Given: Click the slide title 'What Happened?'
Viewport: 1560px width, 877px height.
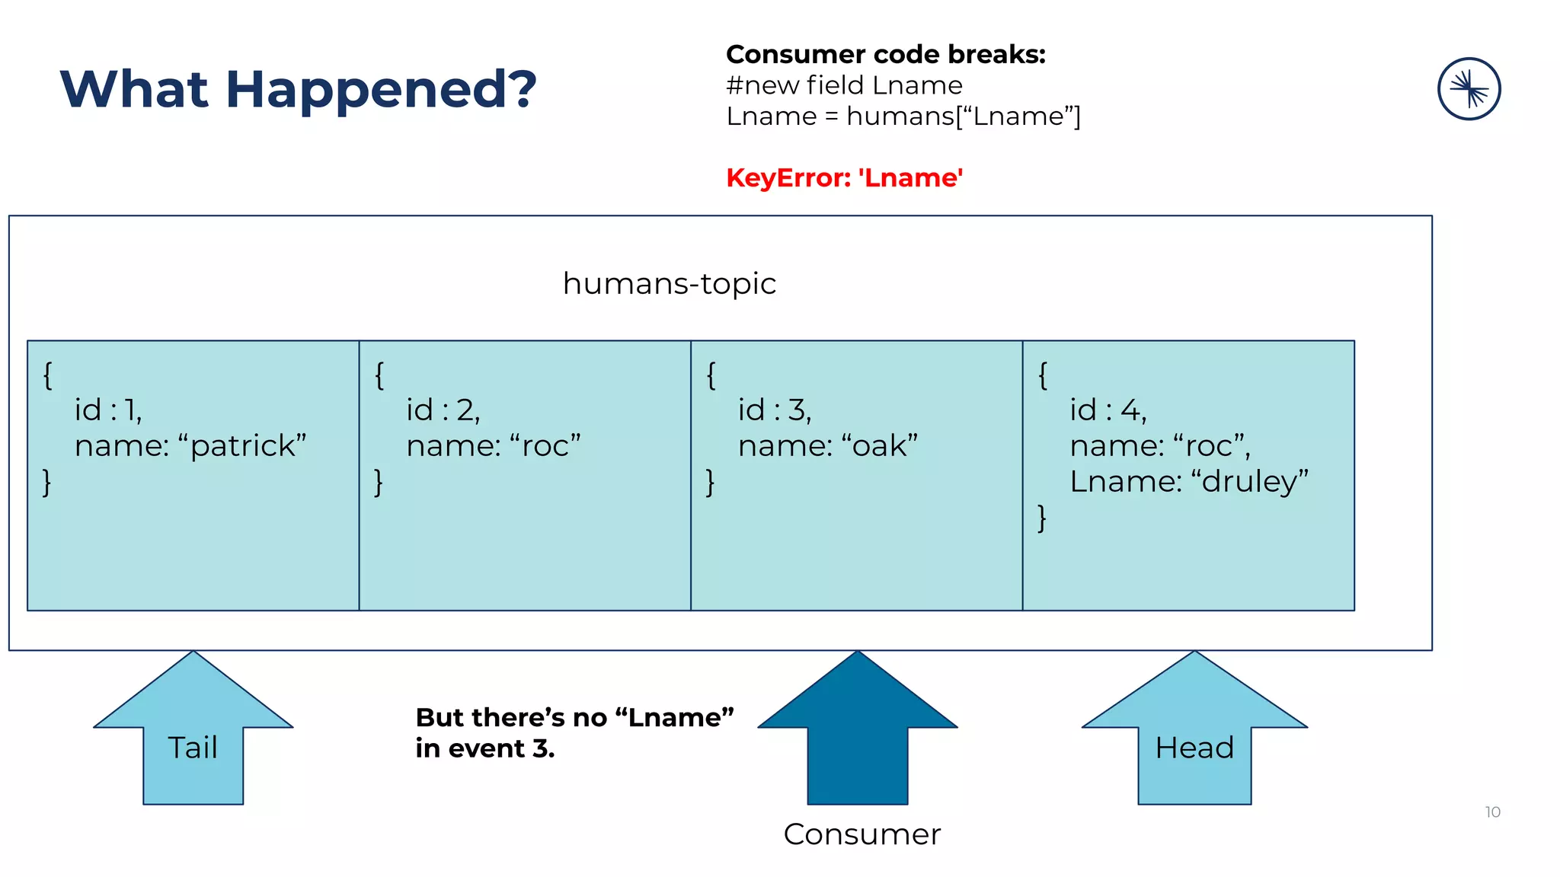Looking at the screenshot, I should [x=298, y=89].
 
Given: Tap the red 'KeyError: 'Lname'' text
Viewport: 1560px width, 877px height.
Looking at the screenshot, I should [x=844, y=177].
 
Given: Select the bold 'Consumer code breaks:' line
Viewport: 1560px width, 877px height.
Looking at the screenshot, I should [x=885, y=54].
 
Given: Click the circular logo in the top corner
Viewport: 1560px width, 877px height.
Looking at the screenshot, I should [x=1469, y=89].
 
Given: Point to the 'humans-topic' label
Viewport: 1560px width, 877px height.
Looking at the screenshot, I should [x=669, y=283].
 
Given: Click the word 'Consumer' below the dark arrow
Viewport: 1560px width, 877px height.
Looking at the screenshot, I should [x=862, y=834].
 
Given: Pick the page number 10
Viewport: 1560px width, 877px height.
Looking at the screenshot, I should [x=1492, y=812].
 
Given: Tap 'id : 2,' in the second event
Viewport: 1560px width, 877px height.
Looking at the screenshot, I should [x=443, y=410].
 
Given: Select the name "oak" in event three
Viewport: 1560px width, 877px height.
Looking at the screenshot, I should [x=884, y=445].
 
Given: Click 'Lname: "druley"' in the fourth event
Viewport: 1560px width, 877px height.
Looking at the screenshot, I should [x=1188, y=481].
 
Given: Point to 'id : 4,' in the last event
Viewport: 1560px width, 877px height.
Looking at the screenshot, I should [x=1108, y=410].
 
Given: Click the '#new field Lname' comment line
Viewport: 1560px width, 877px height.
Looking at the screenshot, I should [x=844, y=85].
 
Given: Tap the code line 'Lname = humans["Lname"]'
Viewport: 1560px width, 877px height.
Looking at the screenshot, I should [x=903, y=116].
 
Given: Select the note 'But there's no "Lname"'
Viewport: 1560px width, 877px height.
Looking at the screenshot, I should [x=574, y=717].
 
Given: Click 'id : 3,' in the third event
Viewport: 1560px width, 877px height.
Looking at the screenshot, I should [x=775, y=410].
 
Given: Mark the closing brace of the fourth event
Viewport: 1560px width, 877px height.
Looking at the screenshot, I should [x=1042, y=518].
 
